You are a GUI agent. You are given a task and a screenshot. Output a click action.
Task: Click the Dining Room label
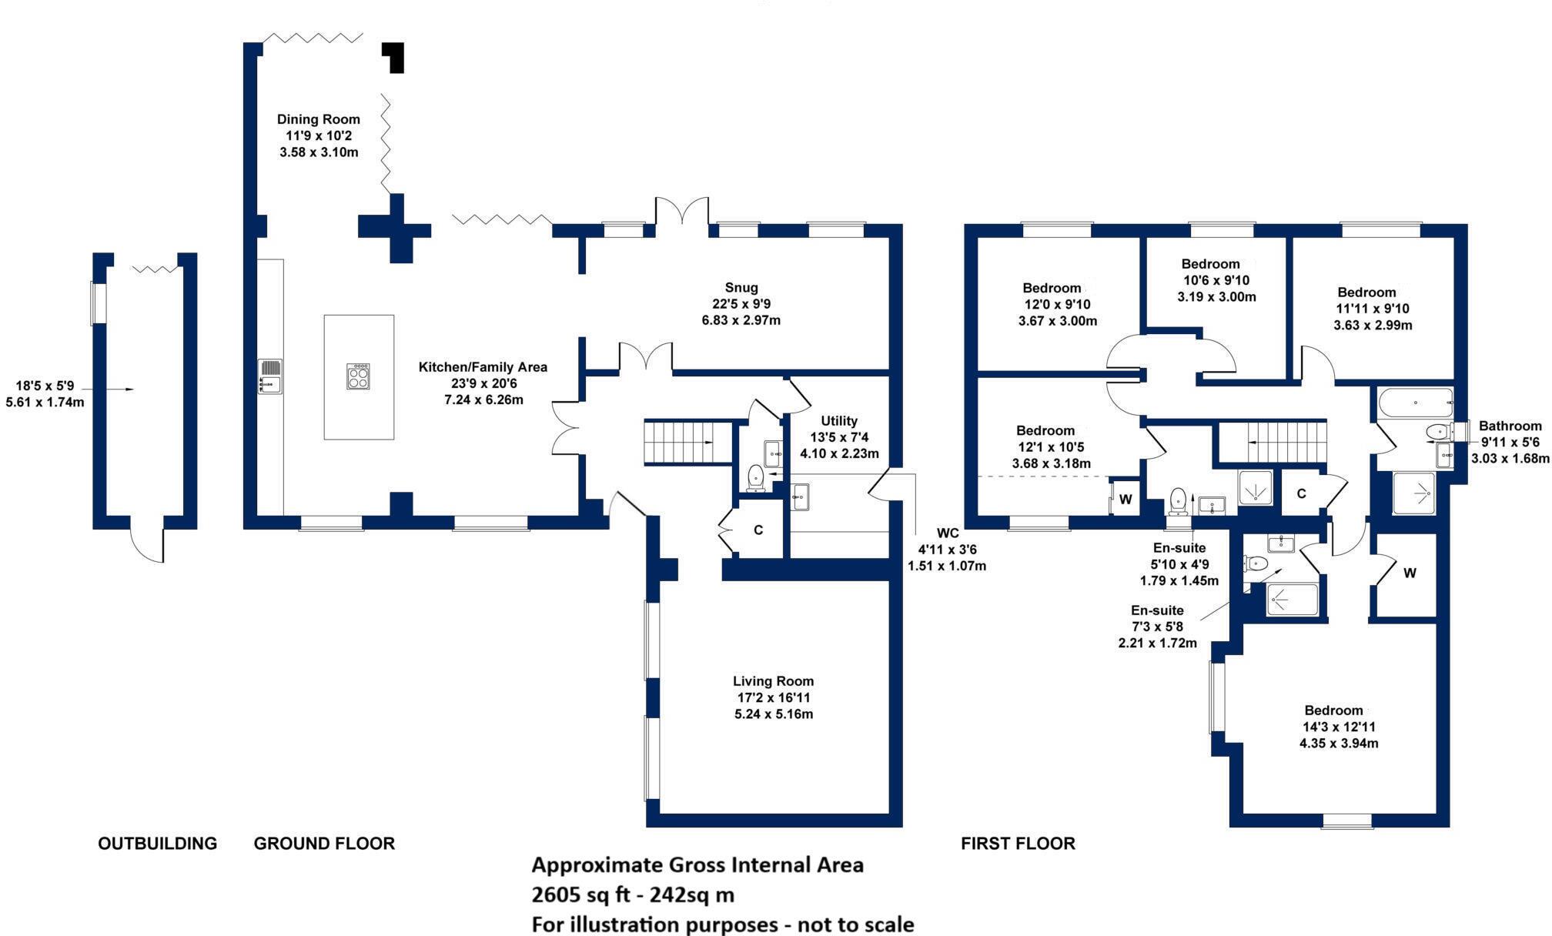click(x=319, y=119)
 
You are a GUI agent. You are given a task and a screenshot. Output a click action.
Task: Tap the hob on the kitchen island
click(x=358, y=376)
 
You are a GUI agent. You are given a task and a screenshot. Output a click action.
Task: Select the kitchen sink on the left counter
click(x=270, y=376)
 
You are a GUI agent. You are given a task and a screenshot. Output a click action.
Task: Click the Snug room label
click(x=741, y=288)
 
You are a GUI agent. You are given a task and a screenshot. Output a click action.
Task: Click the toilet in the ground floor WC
click(x=756, y=477)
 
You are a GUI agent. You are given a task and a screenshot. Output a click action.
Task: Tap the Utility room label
click(x=838, y=421)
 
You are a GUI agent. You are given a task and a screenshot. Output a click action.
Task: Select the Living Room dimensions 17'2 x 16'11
click(x=773, y=698)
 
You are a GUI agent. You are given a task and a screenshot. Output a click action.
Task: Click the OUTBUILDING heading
click(x=157, y=844)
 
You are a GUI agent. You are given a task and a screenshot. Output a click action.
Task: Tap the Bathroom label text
click(x=1510, y=426)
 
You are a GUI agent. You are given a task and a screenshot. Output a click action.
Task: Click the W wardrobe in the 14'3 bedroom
click(x=1409, y=573)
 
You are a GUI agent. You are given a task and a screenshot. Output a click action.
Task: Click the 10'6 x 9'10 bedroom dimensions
click(x=1216, y=280)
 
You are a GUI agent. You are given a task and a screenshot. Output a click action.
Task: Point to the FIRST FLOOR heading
click(x=1017, y=844)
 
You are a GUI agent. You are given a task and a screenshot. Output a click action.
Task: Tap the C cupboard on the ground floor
click(x=758, y=530)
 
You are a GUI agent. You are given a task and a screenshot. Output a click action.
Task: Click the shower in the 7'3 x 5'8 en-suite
click(x=1293, y=600)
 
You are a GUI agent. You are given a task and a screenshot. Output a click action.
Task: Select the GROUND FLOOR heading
click(x=324, y=844)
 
